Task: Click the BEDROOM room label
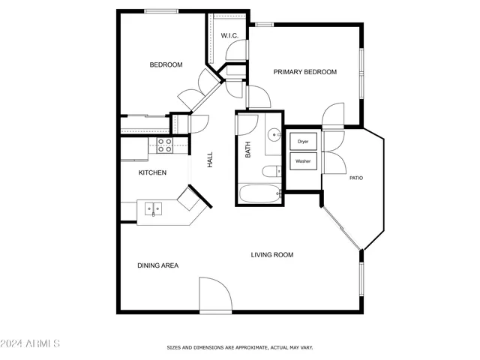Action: click(166, 64)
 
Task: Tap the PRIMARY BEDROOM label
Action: click(304, 72)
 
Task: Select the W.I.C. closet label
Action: click(229, 36)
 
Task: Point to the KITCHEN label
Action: click(152, 172)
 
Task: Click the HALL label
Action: click(210, 159)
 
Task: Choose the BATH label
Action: click(248, 149)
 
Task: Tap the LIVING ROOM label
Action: click(271, 255)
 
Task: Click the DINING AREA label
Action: click(157, 265)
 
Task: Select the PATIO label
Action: click(355, 178)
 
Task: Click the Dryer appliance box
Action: click(303, 141)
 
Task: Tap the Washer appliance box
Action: click(303, 161)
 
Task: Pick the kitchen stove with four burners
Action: click(164, 144)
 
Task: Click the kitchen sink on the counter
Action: click(154, 208)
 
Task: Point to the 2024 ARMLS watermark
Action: click(31, 343)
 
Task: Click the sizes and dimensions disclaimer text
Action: click(239, 348)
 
